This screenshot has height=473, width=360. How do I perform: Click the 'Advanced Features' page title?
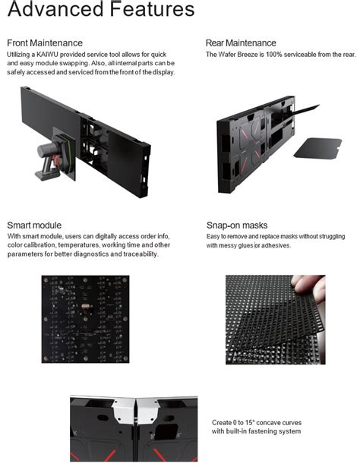101,11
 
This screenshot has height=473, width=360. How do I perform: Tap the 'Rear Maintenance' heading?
241,43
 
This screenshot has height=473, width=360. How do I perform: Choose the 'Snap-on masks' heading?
237,225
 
